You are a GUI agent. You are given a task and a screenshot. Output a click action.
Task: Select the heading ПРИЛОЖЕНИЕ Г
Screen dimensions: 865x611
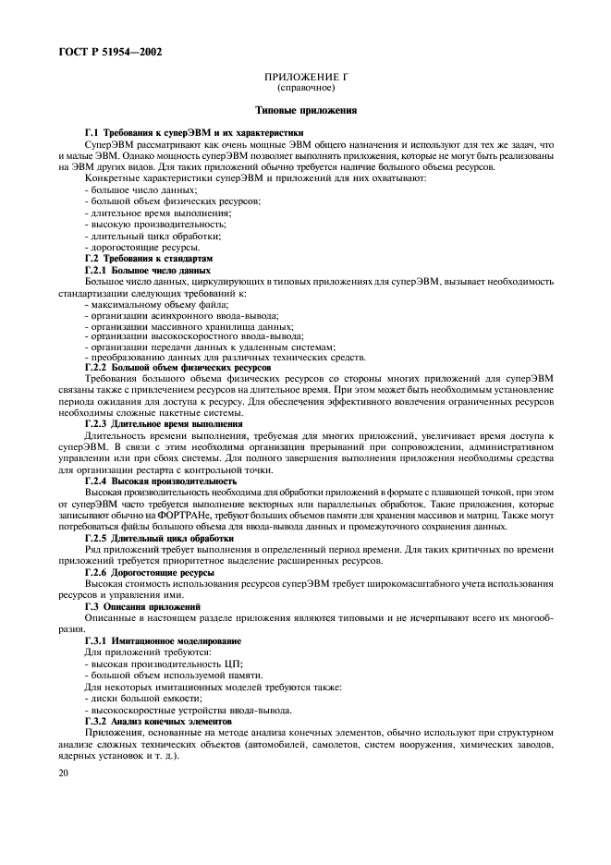(x=305, y=79)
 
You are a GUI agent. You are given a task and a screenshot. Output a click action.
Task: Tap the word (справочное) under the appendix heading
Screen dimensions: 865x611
(x=305, y=89)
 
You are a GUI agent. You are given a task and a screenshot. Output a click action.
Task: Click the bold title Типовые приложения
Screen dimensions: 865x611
(x=305, y=110)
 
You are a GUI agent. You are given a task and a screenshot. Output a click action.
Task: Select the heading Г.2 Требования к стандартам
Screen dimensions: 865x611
(x=149, y=260)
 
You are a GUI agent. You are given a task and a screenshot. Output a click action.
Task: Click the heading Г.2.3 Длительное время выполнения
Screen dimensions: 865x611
(x=164, y=422)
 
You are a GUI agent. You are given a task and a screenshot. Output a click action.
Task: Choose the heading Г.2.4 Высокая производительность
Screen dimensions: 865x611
(x=161, y=481)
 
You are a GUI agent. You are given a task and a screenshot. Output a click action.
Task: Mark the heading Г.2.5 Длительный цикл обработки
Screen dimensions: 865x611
(x=158, y=537)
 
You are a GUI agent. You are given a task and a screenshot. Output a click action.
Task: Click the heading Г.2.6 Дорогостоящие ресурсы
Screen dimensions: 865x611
(x=151, y=573)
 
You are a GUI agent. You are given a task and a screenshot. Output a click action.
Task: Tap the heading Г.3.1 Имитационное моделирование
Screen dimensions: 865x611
(x=163, y=640)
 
